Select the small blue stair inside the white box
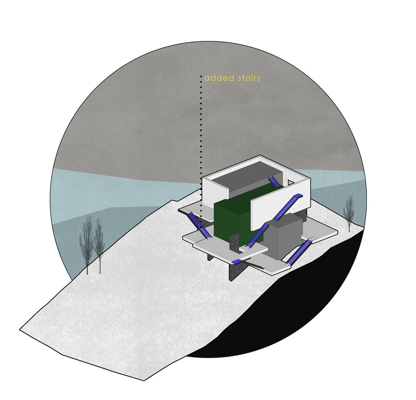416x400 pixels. [273, 182]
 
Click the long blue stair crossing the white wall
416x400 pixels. [275, 220]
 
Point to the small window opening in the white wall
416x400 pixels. [290, 183]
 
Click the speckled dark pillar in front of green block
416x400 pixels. [235, 242]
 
